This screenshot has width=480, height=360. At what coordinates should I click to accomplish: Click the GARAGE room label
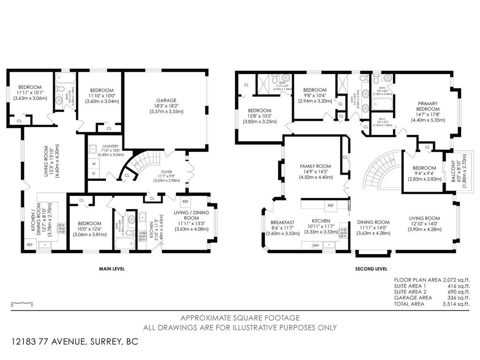pos(166,100)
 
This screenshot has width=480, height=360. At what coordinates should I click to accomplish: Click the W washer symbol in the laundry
pos(93,164)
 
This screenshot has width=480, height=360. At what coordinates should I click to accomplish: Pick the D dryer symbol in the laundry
pos(93,173)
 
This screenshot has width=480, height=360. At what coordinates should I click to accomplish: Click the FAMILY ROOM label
pos(315,166)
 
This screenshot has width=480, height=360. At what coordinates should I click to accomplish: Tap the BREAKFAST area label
pos(282,222)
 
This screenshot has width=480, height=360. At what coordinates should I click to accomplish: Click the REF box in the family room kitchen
pos(330,205)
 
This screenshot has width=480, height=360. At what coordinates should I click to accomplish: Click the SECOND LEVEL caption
pos(371,269)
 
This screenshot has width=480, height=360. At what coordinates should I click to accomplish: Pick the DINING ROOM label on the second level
pos(373,222)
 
